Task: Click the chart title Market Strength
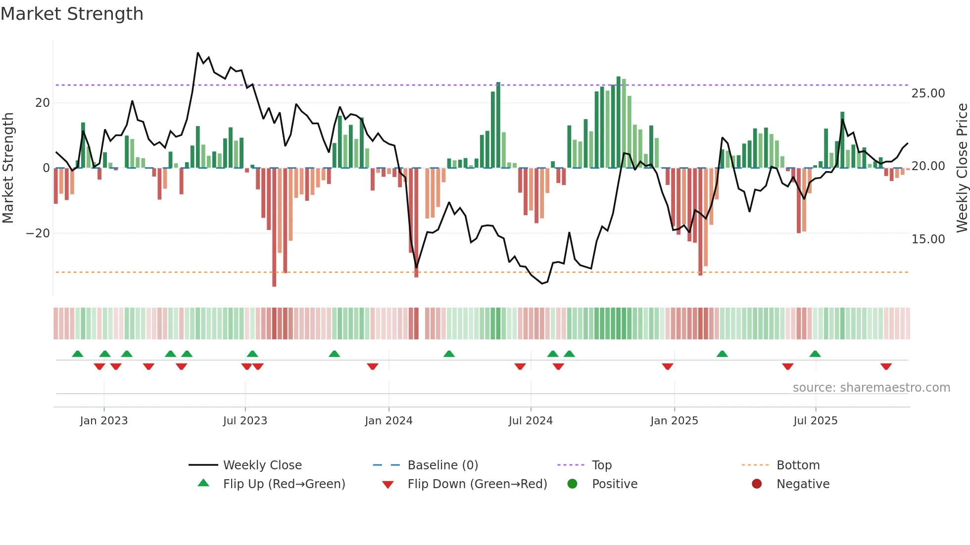[72, 14]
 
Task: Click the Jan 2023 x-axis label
[103, 421]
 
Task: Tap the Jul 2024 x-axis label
[531, 421]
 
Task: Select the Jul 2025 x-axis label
[815, 421]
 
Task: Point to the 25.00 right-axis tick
[928, 93]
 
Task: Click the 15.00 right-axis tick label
[928, 239]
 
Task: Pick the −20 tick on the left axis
[38, 233]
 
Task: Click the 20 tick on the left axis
[43, 103]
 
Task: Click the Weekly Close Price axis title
[962, 168]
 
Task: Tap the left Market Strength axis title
[8, 168]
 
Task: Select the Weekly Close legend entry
[262, 465]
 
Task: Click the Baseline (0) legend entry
[442, 465]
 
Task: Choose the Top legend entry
[601, 465]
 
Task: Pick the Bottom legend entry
[798, 465]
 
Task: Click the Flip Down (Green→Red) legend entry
[477, 484]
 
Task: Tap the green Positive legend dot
[572, 484]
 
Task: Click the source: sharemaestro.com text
[871, 388]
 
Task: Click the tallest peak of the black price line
[198, 53]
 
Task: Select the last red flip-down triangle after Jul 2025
[886, 366]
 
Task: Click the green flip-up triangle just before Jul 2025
[815, 354]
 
